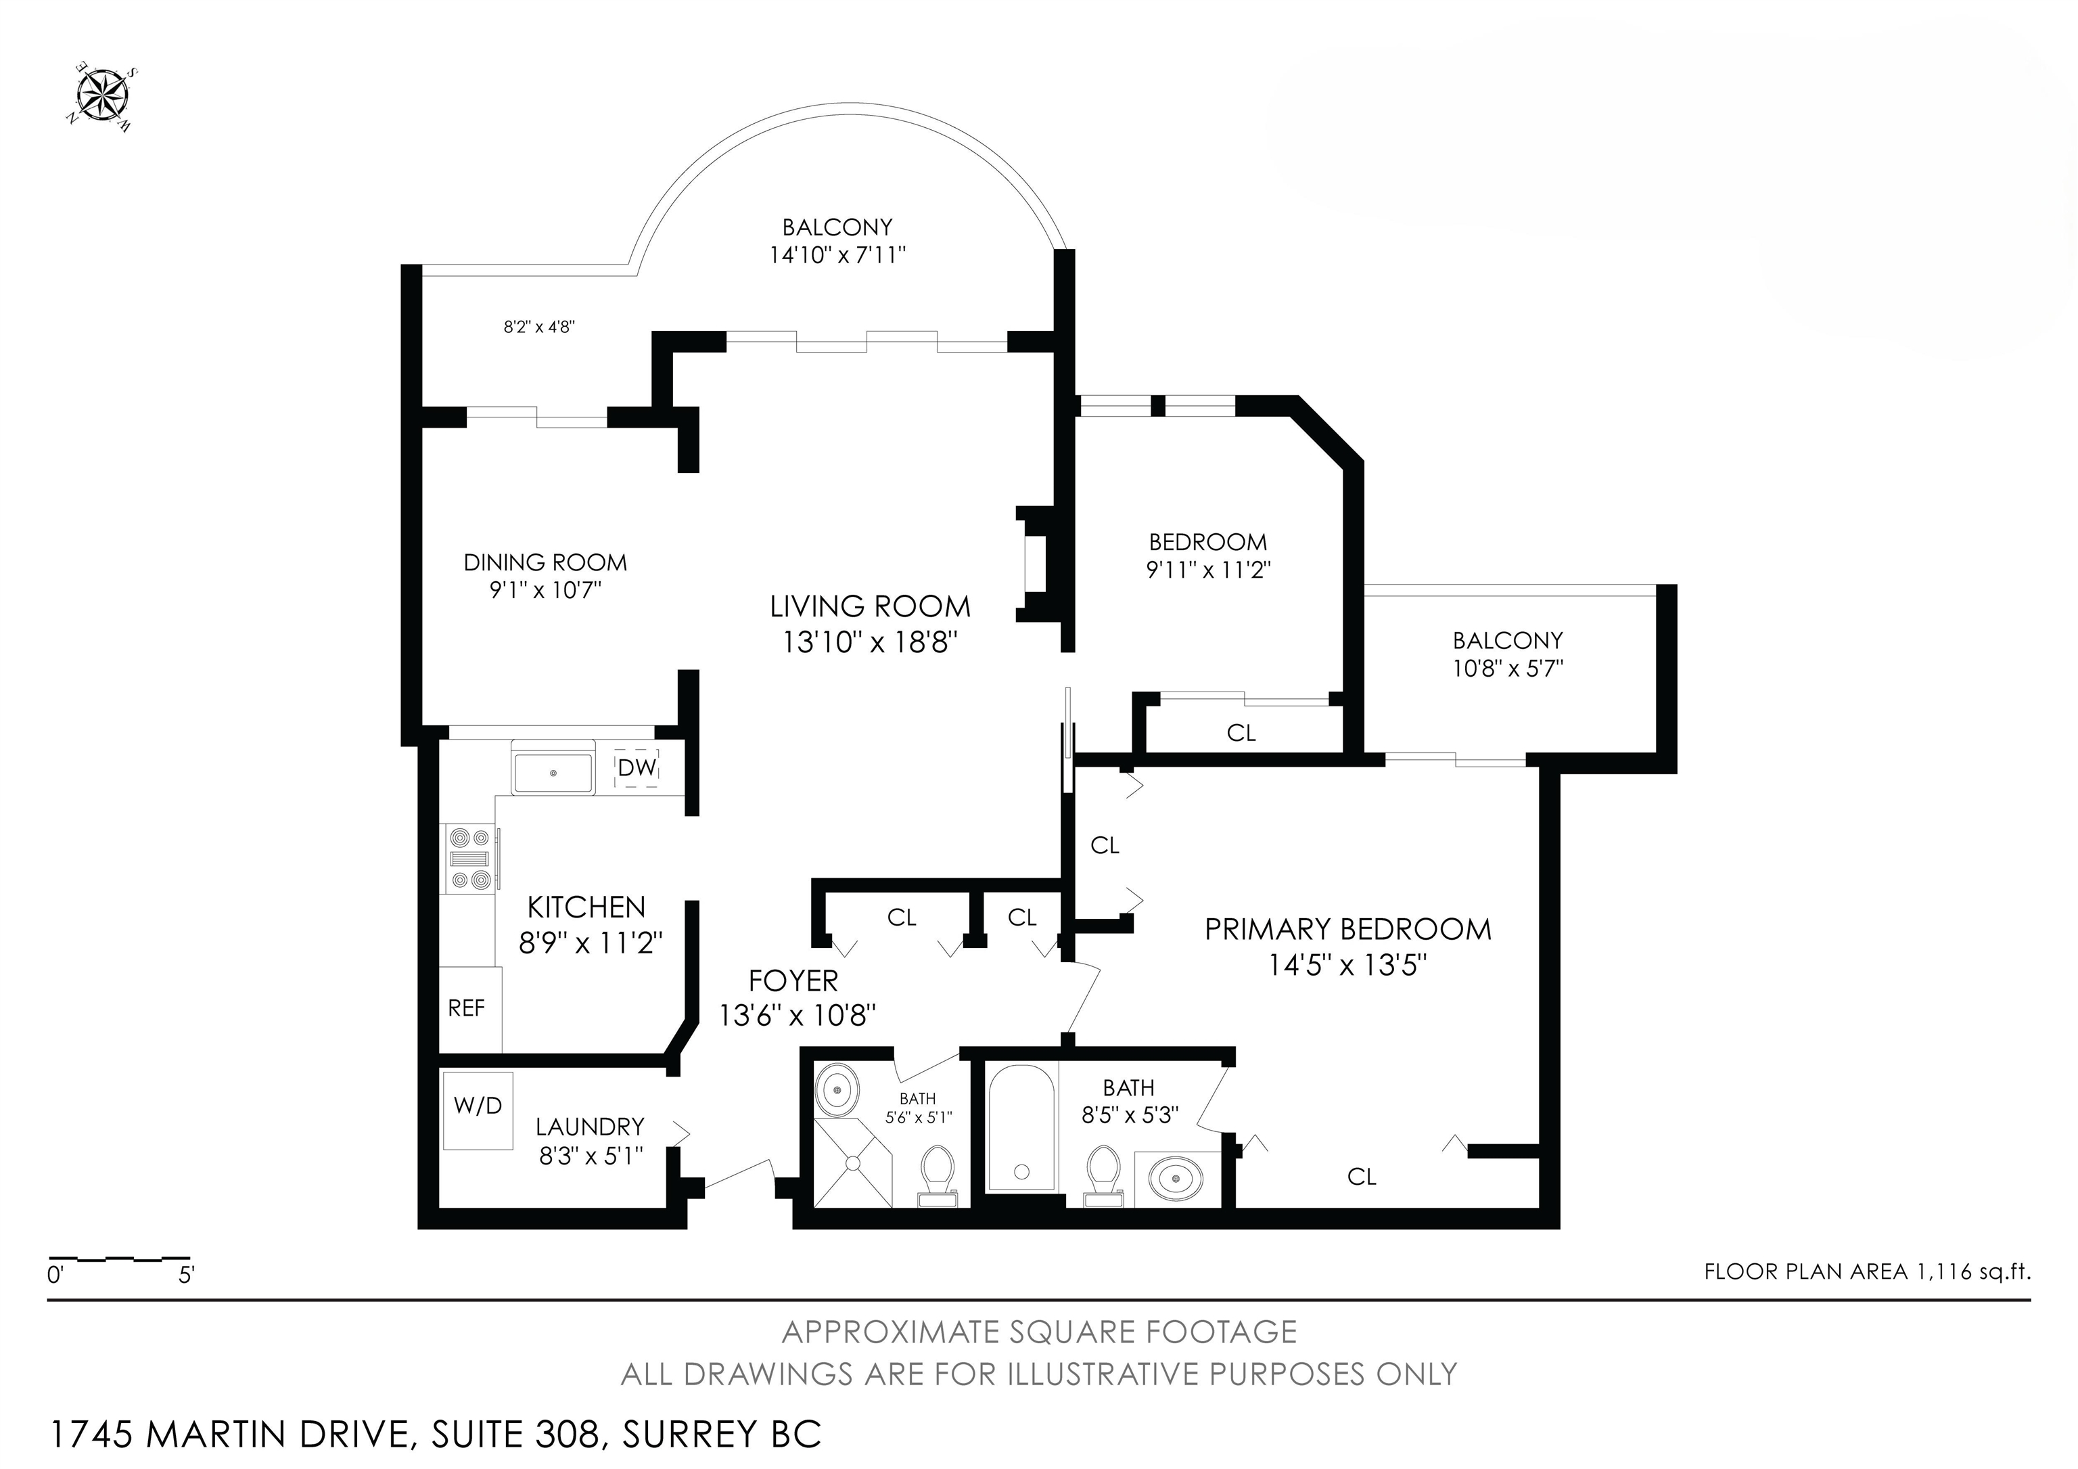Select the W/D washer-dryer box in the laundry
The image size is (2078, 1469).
click(x=477, y=1110)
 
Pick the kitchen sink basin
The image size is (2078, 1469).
click(x=553, y=773)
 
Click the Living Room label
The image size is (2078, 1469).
click(x=870, y=606)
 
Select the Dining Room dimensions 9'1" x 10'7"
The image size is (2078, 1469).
click(x=546, y=590)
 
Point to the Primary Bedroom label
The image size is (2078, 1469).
click(x=1347, y=930)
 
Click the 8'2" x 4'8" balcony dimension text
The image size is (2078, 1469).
click(x=539, y=327)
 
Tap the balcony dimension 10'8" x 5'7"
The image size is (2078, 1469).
click(x=1508, y=669)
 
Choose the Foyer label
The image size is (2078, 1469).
click(x=793, y=981)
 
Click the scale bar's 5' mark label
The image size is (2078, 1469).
click(x=187, y=1275)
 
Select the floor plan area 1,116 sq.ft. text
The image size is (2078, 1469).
click(x=1866, y=1271)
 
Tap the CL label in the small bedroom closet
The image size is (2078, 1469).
click(x=1241, y=733)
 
